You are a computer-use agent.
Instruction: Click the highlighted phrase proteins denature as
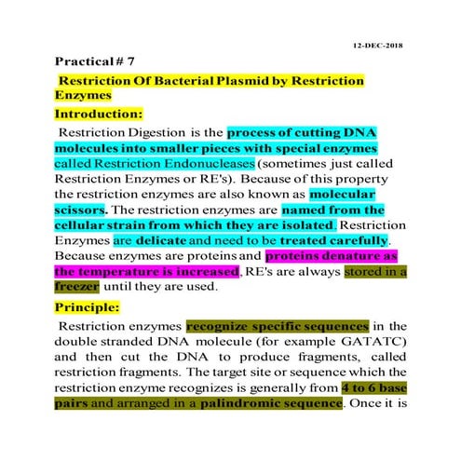[332, 255]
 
